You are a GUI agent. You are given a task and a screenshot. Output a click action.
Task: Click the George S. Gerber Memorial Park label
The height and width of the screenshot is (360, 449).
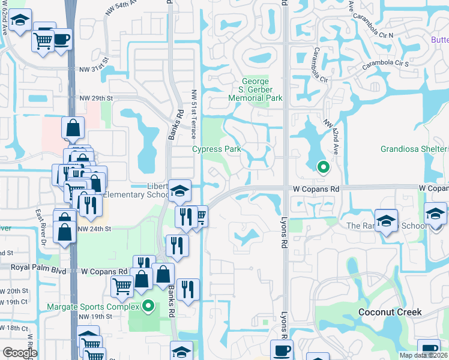262,89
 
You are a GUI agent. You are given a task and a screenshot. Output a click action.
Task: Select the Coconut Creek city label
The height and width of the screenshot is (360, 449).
390,312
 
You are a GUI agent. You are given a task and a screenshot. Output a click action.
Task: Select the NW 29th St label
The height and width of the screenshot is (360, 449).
96,98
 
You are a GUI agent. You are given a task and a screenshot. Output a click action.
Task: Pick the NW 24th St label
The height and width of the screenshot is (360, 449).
95,229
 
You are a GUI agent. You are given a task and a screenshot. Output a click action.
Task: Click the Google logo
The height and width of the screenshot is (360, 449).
20,353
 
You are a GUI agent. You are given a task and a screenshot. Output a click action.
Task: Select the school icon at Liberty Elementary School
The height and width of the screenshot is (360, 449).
179,191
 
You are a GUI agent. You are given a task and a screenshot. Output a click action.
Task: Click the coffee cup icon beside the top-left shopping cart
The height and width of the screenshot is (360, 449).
62,40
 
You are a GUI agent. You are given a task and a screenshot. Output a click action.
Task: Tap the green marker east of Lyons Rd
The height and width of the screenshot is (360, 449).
323,167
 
